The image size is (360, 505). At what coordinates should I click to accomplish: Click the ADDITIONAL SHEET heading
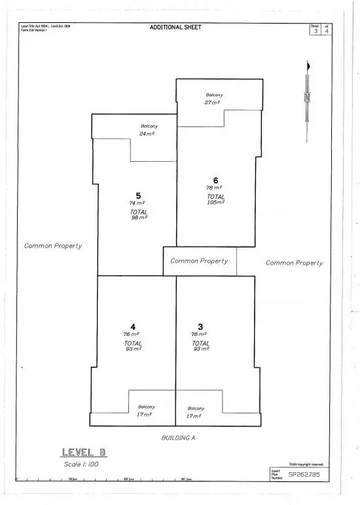tap(175, 28)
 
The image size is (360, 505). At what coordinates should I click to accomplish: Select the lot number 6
tap(215, 180)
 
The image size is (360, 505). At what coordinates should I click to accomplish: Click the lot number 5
tap(138, 195)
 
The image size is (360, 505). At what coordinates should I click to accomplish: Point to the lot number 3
tap(201, 326)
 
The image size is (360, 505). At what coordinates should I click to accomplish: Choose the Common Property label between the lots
tap(199, 261)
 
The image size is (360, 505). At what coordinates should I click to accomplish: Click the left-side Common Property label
tap(53, 246)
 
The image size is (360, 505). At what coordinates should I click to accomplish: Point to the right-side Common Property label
tap(294, 263)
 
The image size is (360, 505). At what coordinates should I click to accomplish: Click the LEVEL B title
tap(83, 452)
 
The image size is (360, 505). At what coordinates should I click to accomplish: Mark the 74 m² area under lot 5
tap(137, 204)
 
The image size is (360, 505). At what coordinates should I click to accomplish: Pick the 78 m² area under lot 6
tap(215, 188)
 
